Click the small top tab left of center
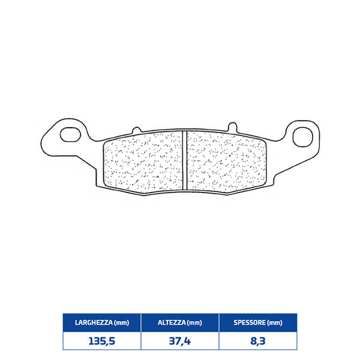point(136,128)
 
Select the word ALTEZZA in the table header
point(170,323)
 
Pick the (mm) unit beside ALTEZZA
point(194,323)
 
